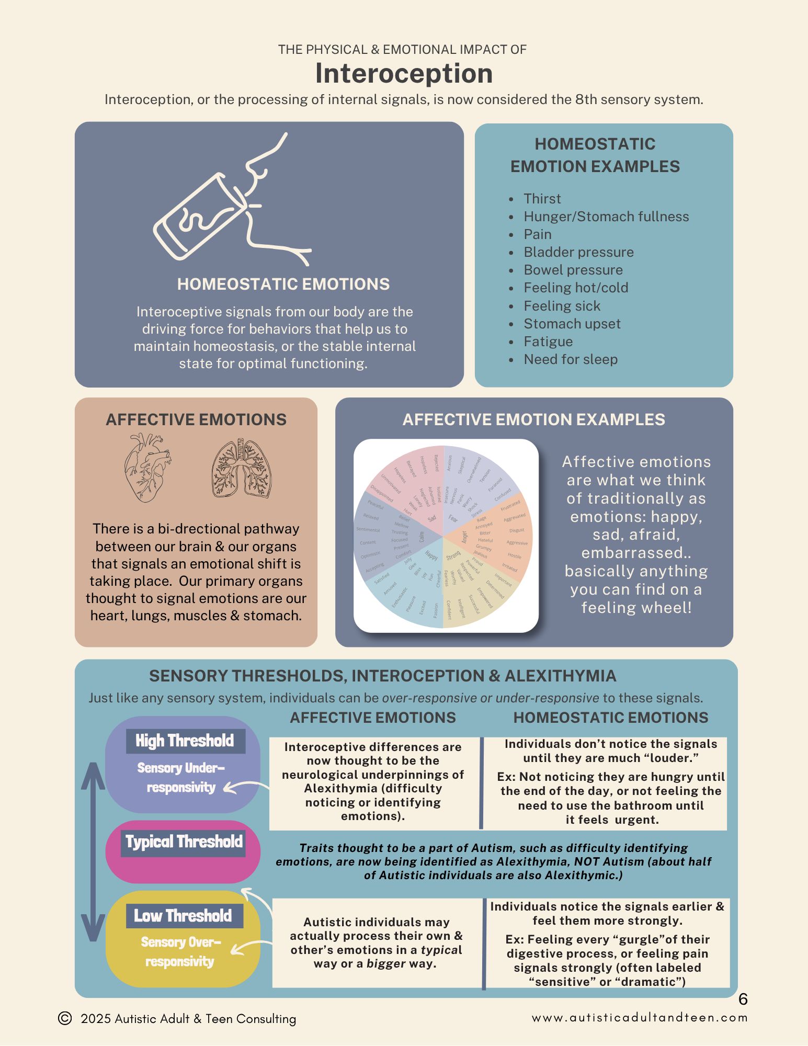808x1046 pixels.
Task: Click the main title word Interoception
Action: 404,73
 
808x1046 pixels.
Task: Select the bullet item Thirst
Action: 542,199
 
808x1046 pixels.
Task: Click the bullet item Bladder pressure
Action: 578,252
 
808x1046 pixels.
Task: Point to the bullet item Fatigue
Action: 548,342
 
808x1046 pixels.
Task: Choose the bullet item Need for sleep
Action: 571,359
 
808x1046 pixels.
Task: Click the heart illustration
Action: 147,467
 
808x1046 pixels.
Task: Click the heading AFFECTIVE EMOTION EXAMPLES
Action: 533,419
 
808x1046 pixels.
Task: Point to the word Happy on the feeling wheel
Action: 431,555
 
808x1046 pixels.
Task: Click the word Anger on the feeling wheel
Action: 464,537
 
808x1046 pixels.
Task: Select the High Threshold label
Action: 185,741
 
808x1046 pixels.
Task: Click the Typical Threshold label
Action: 184,842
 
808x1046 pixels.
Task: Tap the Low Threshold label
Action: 183,916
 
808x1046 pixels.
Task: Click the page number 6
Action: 743,999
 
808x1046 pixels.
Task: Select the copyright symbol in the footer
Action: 65,1018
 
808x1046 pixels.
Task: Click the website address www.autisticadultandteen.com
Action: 640,1018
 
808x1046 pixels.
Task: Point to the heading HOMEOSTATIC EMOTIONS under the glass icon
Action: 283,284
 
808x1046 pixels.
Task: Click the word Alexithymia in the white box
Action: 340,788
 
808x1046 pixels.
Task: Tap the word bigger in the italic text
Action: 386,963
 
